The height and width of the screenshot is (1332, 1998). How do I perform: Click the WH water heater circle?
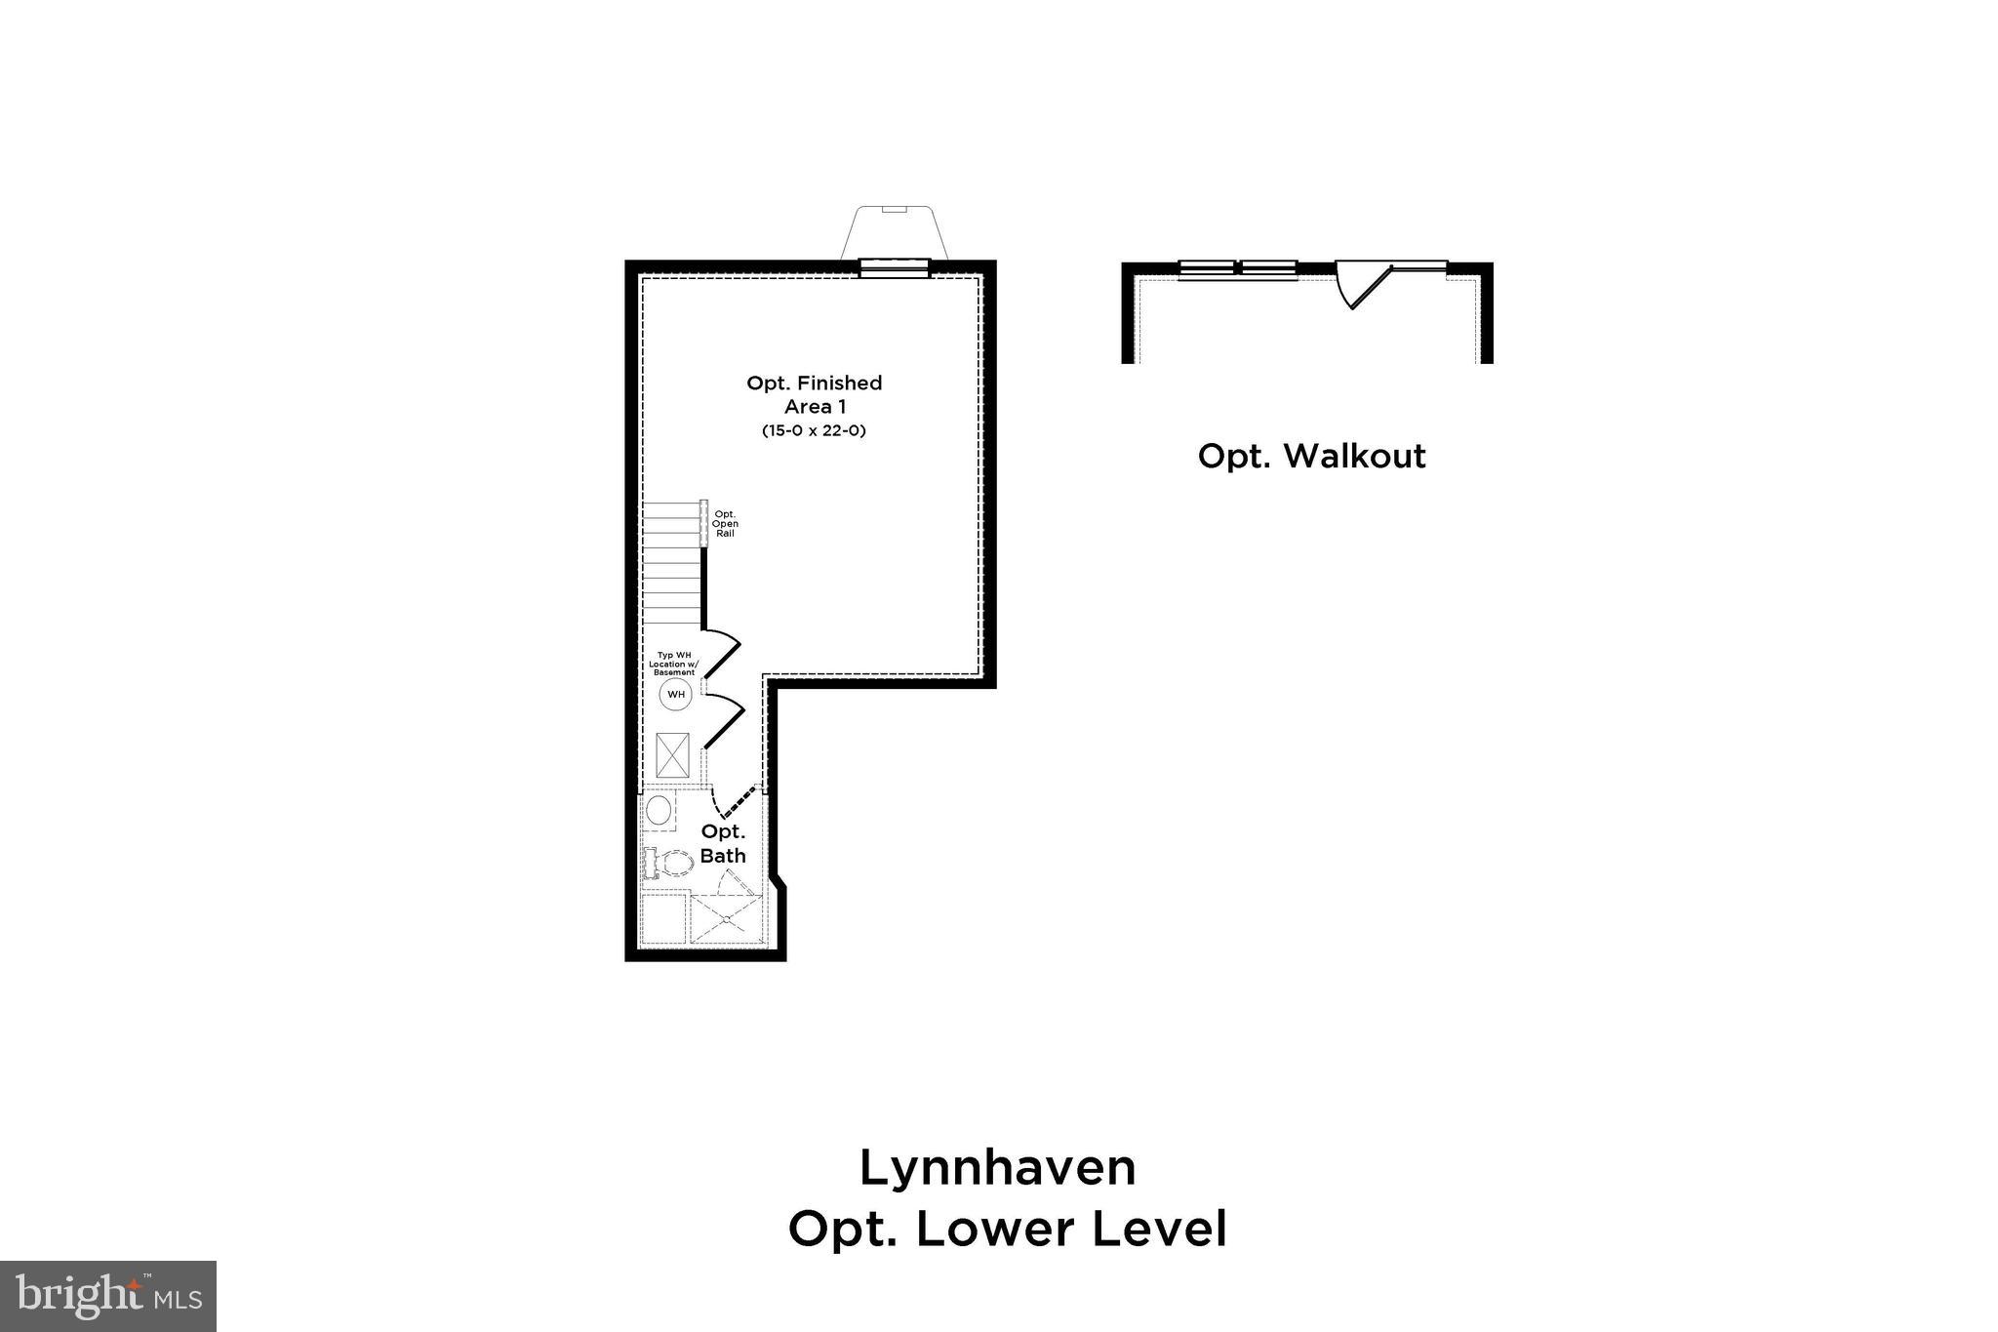pos(675,695)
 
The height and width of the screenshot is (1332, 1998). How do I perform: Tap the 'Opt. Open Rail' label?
pos(725,524)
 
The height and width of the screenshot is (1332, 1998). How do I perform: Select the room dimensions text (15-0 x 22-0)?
pos(814,430)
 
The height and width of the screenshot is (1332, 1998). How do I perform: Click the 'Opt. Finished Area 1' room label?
pos(814,394)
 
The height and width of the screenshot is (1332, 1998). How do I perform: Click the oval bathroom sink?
pos(659,810)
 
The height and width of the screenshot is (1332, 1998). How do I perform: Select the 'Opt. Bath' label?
pos(723,843)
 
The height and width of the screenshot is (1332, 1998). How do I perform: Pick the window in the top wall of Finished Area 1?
pos(894,267)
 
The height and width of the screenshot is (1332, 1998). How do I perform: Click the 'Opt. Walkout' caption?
pos(1311,456)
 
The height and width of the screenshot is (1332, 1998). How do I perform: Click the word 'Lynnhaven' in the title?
pos(998,1168)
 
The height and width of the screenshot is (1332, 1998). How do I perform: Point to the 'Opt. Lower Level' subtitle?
pos(1007,1230)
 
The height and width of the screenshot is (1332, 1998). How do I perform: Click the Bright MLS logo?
pos(108,1296)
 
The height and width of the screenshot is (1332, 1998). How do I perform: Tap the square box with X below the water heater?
pos(673,754)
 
